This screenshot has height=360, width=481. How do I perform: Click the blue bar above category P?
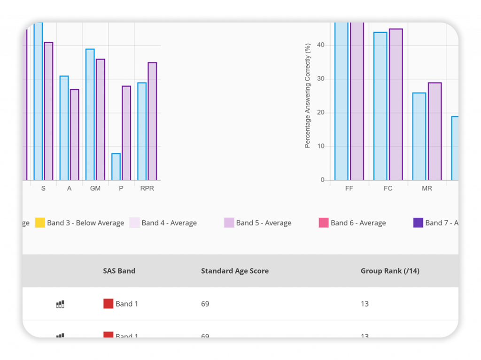[x=116, y=167]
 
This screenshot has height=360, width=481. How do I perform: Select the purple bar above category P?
[x=126, y=133]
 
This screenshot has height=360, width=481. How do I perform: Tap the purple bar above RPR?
[x=152, y=122]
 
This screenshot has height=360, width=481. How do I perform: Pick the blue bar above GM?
[x=90, y=115]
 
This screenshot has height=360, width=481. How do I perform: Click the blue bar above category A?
[x=64, y=128]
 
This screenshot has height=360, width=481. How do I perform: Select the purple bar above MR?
[x=434, y=131]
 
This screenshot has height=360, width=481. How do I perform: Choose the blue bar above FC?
[x=380, y=106]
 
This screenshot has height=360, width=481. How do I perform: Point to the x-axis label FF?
[x=349, y=189]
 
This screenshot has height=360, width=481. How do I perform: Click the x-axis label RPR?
[x=147, y=189]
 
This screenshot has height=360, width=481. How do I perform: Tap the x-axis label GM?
[x=95, y=189]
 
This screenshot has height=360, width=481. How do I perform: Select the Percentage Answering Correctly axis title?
[x=308, y=96]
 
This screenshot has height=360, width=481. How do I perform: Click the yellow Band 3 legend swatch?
[x=40, y=223]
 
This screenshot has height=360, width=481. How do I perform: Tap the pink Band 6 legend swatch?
[x=323, y=223]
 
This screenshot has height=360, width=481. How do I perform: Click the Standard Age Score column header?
[x=234, y=271]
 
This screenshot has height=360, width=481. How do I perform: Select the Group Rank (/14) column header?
[x=390, y=271]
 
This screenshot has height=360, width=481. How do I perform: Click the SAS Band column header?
[x=119, y=271]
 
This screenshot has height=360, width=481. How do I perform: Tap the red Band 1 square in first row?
[x=108, y=304]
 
